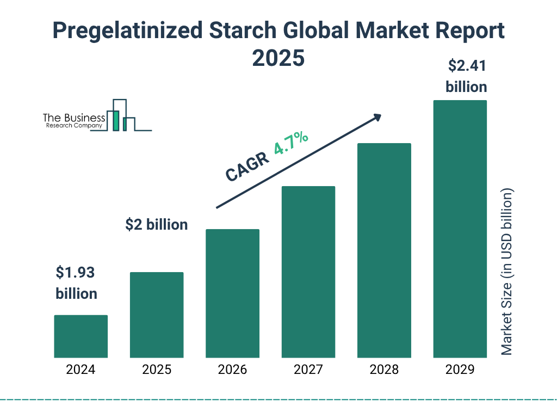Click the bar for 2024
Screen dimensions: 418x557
point(81,336)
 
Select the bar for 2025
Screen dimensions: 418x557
point(157,315)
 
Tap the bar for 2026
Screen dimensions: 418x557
point(232,293)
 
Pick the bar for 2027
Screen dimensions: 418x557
point(308,272)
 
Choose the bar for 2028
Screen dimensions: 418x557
point(384,250)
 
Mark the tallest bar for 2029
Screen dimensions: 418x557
point(460,229)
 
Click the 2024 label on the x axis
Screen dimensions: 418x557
point(81,370)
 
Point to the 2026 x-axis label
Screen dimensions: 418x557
point(232,370)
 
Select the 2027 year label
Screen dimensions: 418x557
point(308,370)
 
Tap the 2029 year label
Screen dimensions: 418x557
point(460,370)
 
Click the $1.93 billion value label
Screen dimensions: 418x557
point(77,282)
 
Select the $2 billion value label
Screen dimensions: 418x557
point(156,224)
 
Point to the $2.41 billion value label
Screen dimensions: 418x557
point(466,76)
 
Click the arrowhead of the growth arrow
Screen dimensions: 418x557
point(377,118)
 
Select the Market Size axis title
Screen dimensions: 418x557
point(507,272)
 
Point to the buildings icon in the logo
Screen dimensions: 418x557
point(122,116)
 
